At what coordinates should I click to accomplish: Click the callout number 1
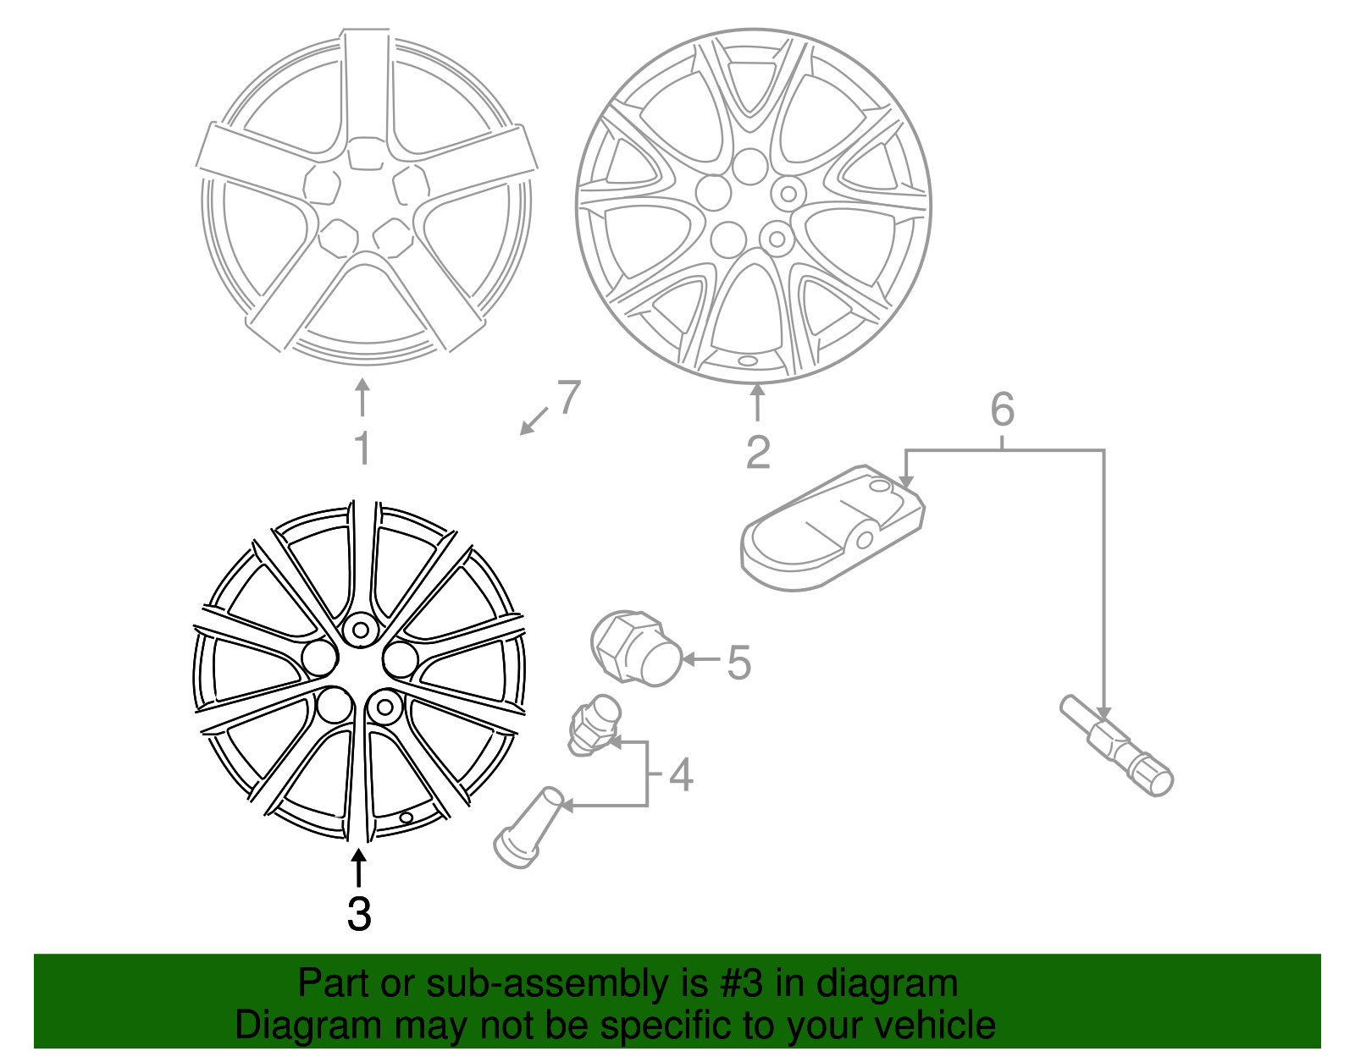pyautogui.click(x=362, y=449)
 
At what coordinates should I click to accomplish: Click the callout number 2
pyautogui.click(x=758, y=453)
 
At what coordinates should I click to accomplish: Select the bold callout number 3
pyautogui.click(x=359, y=914)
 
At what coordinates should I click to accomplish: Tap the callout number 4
pyautogui.click(x=681, y=774)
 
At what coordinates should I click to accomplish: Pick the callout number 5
pyautogui.click(x=738, y=662)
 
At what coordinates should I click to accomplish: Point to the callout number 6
pyautogui.click(x=1002, y=410)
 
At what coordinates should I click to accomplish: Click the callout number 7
pyautogui.click(x=568, y=397)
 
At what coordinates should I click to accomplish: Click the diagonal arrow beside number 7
pyautogui.click(x=534, y=421)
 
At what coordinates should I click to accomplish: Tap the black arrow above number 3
pyautogui.click(x=359, y=869)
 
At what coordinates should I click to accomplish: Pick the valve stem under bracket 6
pyautogui.click(x=1116, y=746)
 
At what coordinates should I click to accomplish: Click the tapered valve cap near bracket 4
pyautogui.click(x=529, y=828)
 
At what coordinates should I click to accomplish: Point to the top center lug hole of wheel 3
pyautogui.click(x=360, y=630)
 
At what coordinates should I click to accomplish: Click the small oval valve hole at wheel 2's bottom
pyautogui.click(x=749, y=361)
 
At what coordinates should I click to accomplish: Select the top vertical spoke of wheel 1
pyautogui.click(x=367, y=85)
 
